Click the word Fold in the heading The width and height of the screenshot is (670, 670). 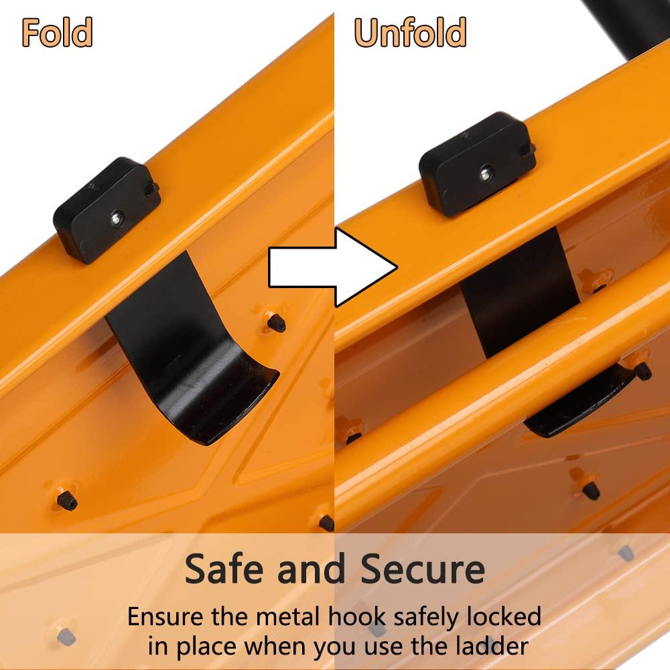(x=57, y=32)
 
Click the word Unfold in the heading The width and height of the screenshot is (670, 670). (x=410, y=32)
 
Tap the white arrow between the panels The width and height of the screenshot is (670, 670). (x=333, y=267)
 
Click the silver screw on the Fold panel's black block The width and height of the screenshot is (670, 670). (x=116, y=218)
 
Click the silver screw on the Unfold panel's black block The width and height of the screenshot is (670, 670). (x=485, y=174)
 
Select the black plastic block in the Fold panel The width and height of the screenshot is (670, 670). (x=107, y=209)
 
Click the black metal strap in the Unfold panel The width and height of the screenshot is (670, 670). (x=519, y=291)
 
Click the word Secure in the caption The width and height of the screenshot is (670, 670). (x=423, y=569)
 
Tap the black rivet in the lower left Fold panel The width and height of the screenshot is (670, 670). (x=67, y=500)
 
